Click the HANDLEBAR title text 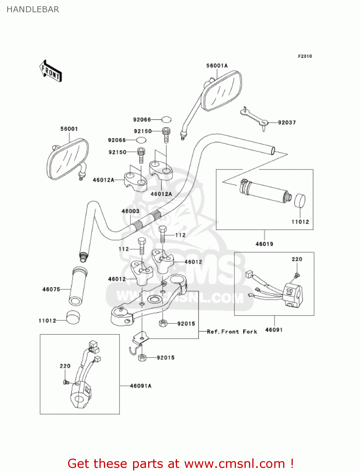pyautogui.click(x=33, y=9)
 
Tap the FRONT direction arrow pyautogui.click(x=51, y=71)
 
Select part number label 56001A pyautogui.click(x=217, y=66)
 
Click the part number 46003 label pyautogui.click(x=130, y=211)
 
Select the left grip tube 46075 pyautogui.click(x=78, y=286)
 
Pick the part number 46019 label pyautogui.click(x=264, y=244)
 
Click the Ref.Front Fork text pyautogui.click(x=232, y=332)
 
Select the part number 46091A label pyautogui.click(x=141, y=386)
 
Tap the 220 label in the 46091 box pyautogui.click(x=297, y=259)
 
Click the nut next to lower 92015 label pyautogui.click(x=142, y=357)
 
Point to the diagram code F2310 pyautogui.click(x=305, y=56)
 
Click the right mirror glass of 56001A pyautogui.click(x=223, y=91)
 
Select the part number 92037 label pyautogui.click(x=287, y=122)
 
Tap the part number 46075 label pyautogui.click(x=51, y=289)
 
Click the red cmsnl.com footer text pyautogui.click(x=180, y=463)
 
